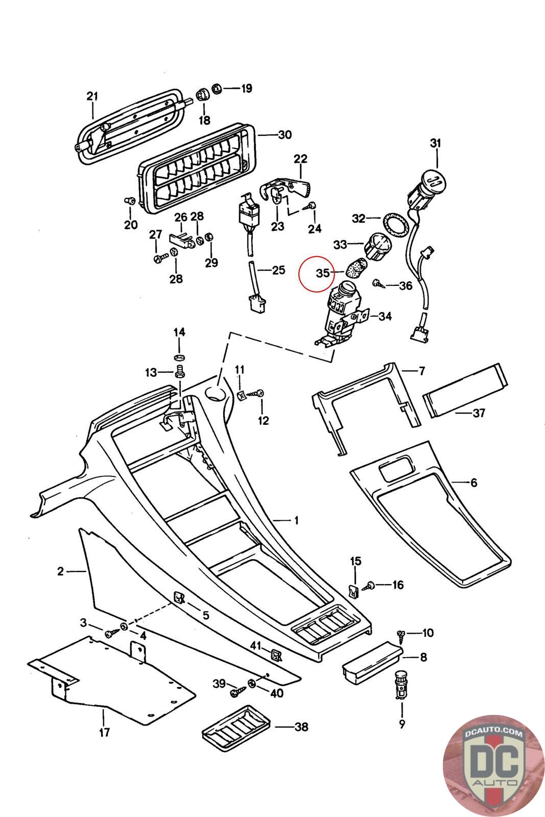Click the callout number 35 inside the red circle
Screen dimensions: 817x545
pyautogui.click(x=323, y=273)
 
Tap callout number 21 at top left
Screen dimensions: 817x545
pyautogui.click(x=92, y=96)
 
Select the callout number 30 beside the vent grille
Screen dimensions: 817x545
pyautogui.click(x=285, y=135)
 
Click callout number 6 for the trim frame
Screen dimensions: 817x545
pyautogui.click(x=473, y=482)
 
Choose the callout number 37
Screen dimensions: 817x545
pyautogui.click(x=479, y=413)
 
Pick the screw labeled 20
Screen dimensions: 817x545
pyautogui.click(x=129, y=201)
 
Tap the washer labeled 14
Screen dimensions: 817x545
pyautogui.click(x=179, y=355)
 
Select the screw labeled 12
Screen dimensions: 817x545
pyautogui.click(x=258, y=393)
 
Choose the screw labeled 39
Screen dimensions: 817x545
pyautogui.click(x=236, y=692)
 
